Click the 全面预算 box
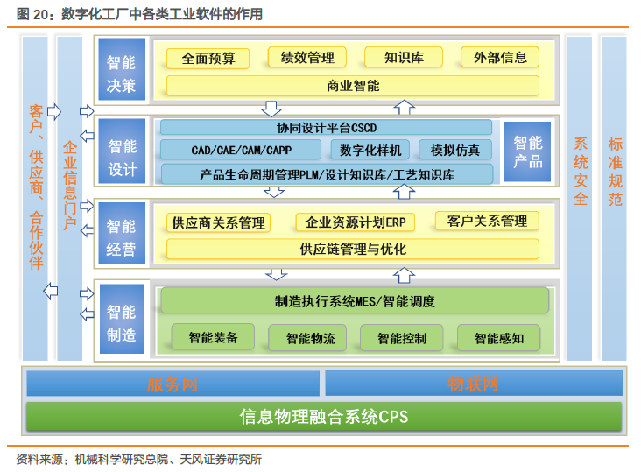pos(208,59)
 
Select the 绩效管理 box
pos(307,58)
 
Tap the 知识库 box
pos(404,58)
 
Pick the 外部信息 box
pos(500,58)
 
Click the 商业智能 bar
pos(353,86)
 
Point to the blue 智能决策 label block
pos(122,69)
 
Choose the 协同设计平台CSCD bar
pos(327,128)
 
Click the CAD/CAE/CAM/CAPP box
pos(241,150)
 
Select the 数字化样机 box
pos(370,150)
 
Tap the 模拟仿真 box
pos(455,150)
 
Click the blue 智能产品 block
pos(527,151)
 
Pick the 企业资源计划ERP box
pos(356,222)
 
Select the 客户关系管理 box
pos(487,221)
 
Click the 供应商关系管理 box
pos(218,222)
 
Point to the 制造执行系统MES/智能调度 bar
pos(355,300)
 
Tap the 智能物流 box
pos(307,337)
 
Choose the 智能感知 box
pos(499,337)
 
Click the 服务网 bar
pos(173,384)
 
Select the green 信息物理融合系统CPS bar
pos(324,417)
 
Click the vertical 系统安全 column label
pos(580,172)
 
